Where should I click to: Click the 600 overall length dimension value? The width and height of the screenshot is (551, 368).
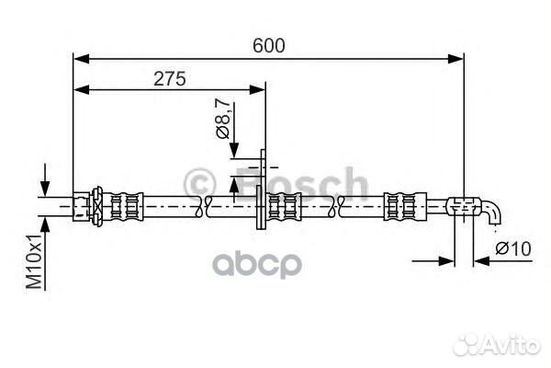point(269,46)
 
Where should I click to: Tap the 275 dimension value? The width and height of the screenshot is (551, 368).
point(169,78)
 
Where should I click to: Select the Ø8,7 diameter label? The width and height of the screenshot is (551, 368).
point(223,119)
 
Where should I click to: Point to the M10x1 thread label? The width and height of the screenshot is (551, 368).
point(34,260)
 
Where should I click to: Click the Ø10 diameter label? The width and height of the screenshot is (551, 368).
point(513,249)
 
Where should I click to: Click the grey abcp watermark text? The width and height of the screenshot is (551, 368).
point(257,264)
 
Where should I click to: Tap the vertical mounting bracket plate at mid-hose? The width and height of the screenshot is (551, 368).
point(261,190)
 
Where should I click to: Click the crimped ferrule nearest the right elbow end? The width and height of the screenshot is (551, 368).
point(404,206)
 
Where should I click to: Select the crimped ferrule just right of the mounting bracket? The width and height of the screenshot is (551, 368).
point(284,207)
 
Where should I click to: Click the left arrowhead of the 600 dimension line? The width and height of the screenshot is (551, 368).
point(81,59)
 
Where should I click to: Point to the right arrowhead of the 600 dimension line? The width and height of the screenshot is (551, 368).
point(455,59)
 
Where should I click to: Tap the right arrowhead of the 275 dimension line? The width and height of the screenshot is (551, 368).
point(257,90)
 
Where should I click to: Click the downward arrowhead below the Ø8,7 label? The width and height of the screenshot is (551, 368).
point(234,150)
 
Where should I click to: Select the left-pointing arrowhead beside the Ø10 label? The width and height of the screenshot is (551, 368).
point(481,261)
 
